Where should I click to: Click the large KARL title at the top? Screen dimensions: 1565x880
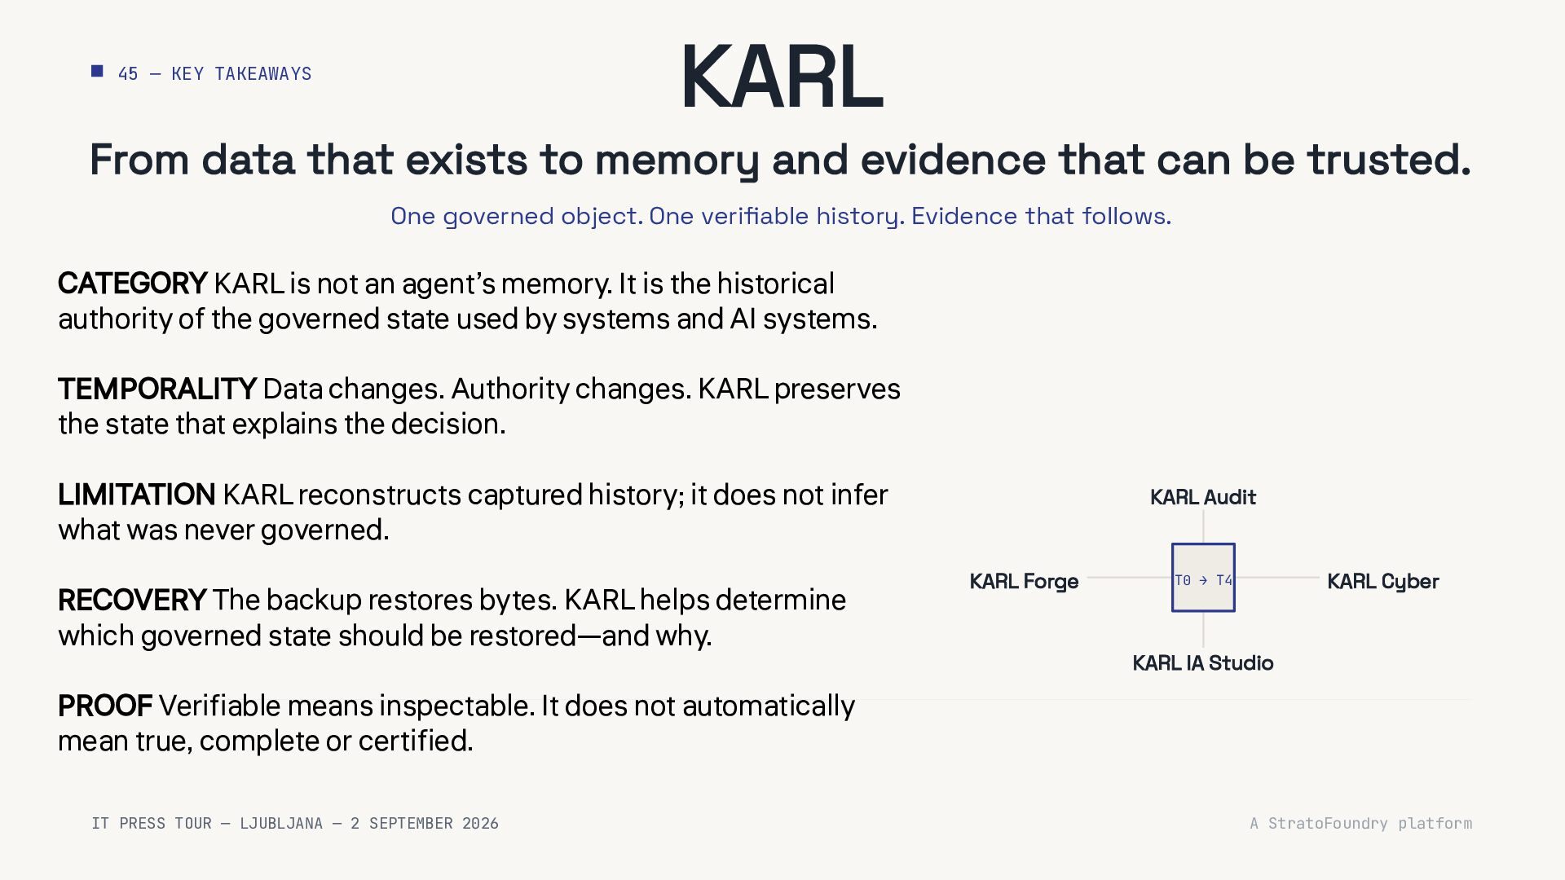[x=782, y=77]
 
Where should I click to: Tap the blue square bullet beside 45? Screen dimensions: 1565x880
[x=97, y=72]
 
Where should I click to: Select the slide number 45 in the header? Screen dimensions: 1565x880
[x=128, y=74]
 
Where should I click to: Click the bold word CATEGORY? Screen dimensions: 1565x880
[x=132, y=284]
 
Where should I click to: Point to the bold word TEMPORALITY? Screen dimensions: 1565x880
[x=157, y=389]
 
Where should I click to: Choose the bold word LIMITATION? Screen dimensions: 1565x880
[x=137, y=495]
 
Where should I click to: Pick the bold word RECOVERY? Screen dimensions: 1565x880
[x=132, y=600]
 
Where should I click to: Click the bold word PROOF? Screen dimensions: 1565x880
[x=105, y=706]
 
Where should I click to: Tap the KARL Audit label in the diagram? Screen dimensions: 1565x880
[x=1203, y=497]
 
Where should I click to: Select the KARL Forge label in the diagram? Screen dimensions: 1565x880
[x=1024, y=582]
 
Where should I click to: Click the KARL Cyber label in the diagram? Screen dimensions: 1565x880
[x=1383, y=582]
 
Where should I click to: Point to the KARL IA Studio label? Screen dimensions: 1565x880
[x=1203, y=663]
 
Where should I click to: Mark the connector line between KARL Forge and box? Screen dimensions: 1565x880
[x=1130, y=578]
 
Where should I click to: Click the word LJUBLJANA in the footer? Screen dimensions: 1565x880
[x=281, y=824]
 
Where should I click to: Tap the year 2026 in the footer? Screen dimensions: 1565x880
[x=480, y=824]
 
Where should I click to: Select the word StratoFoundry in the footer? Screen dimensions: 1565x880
[x=1328, y=824]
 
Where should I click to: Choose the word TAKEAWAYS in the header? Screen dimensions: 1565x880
[x=263, y=74]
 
